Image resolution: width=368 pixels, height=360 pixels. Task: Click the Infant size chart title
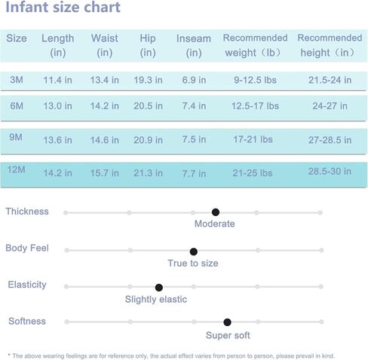click(x=63, y=7)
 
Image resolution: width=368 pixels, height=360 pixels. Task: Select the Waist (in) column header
click(x=105, y=45)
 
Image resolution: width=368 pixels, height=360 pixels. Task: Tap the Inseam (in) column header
click(x=194, y=46)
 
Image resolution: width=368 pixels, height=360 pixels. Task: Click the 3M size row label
click(x=17, y=80)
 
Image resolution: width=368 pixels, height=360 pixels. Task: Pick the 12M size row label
click(x=16, y=169)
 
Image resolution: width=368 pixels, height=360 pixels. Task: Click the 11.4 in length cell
click(x=57, y=80)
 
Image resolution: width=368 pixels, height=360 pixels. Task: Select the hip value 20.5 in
click(x=148, y=106)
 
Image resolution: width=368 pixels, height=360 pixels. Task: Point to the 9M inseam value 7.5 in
click(x=194, y=139)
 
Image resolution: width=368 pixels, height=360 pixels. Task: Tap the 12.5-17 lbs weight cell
click(x=255, y=106)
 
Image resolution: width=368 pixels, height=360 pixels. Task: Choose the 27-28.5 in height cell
click(x=330, y=140)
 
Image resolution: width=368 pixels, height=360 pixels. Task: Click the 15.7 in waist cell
click(x=105, y=173)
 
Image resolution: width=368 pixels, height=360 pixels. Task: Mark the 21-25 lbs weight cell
click(x=253, y=173)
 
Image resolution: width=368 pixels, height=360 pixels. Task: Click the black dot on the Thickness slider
click(x=216, y=212)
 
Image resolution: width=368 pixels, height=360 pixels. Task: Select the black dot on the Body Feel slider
click(x=194, y=252)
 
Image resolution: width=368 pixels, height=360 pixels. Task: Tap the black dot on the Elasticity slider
click(x=159, y=288)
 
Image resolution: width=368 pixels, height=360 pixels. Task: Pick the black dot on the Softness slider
click(x=227, y=322)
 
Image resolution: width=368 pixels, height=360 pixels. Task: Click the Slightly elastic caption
click(x=156, y=299)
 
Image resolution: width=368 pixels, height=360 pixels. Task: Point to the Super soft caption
click(x=228, y=335)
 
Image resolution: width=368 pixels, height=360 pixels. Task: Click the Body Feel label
click(x=27, y=248)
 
